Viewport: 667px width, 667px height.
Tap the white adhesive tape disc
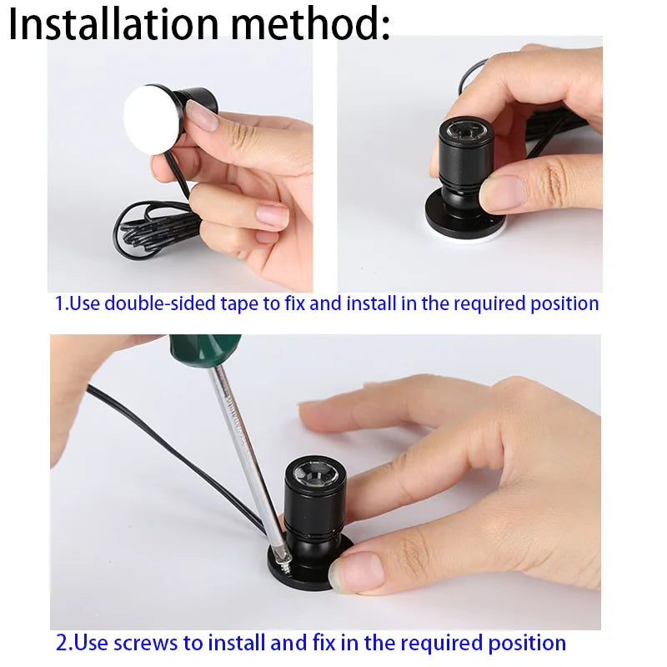(153, 121)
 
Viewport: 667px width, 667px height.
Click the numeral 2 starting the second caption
(62, 643)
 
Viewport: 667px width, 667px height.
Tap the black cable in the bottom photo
(167, 450)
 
